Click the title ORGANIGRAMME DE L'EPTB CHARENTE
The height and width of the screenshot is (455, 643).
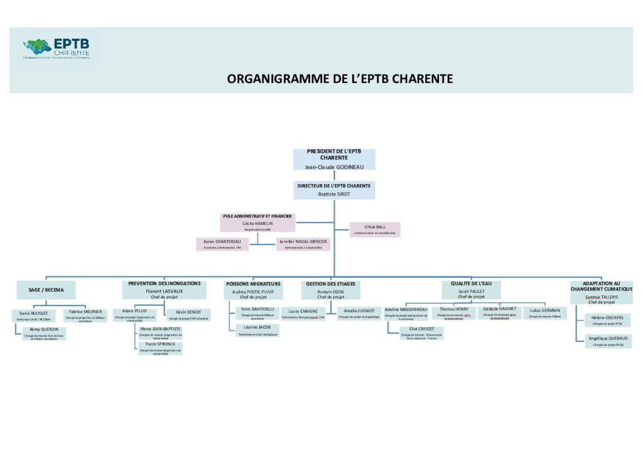(340, 79)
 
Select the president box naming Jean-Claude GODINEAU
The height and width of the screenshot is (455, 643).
(334, 160)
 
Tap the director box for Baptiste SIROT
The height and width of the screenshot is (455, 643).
(334, 190)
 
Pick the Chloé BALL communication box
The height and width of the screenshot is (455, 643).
(375, 229)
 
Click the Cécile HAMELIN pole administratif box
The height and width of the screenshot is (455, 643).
(257, 222)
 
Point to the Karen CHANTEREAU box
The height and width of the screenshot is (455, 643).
(222, 244)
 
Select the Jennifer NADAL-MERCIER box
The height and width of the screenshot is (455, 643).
(303, 244)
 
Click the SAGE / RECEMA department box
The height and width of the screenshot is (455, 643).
(46, 290)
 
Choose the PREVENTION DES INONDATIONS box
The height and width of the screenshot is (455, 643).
(164, 290)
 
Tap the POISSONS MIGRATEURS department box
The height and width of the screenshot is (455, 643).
(252, 290)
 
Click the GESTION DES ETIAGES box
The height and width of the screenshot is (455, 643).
(331, 290)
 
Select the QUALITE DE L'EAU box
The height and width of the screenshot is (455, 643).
(471, 289)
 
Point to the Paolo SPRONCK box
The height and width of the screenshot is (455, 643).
(160, 348)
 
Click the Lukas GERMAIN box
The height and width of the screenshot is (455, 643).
(544, 312)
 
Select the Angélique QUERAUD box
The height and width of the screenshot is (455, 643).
(606, 341)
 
